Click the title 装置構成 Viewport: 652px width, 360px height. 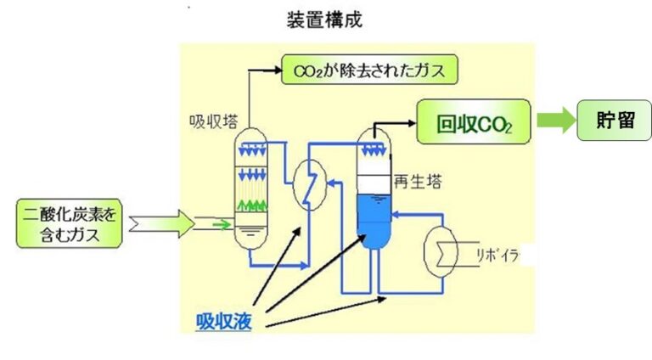tap(325, 20)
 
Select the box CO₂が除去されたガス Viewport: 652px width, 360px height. tap(369, 69)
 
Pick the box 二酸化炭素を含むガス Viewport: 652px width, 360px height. tap(70, 224)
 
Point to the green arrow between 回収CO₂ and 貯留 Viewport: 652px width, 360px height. tap(554, 121)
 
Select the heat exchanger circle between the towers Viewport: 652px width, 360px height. tap(306, 182)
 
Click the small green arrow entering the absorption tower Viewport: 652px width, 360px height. tap(222, 225)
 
